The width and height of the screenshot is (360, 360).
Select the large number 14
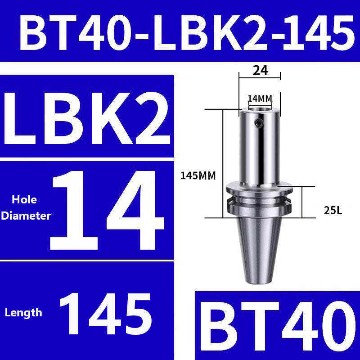point(108,209)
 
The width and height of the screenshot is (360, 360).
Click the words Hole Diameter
point(26,207)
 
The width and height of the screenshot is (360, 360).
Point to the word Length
point(23,312)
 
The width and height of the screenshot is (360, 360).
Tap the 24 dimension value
point(260,70)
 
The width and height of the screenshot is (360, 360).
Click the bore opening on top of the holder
point(259,108)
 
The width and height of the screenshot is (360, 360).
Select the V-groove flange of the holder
point(259,200)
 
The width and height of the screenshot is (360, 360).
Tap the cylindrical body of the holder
point(259,148)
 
